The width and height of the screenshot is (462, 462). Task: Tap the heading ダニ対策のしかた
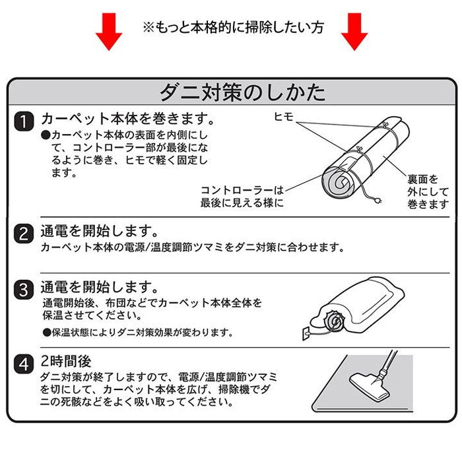pos(243,92)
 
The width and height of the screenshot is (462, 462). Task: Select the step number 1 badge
pos(24,121)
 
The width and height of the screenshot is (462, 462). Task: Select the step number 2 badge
pos(24,233)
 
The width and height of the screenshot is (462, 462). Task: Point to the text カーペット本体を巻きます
pos(127,119)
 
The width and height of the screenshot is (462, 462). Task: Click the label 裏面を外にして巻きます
pos(423,191)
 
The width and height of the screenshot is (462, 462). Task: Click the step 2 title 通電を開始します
pos(99,232)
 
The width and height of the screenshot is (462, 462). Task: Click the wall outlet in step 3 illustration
pos(307,334)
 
